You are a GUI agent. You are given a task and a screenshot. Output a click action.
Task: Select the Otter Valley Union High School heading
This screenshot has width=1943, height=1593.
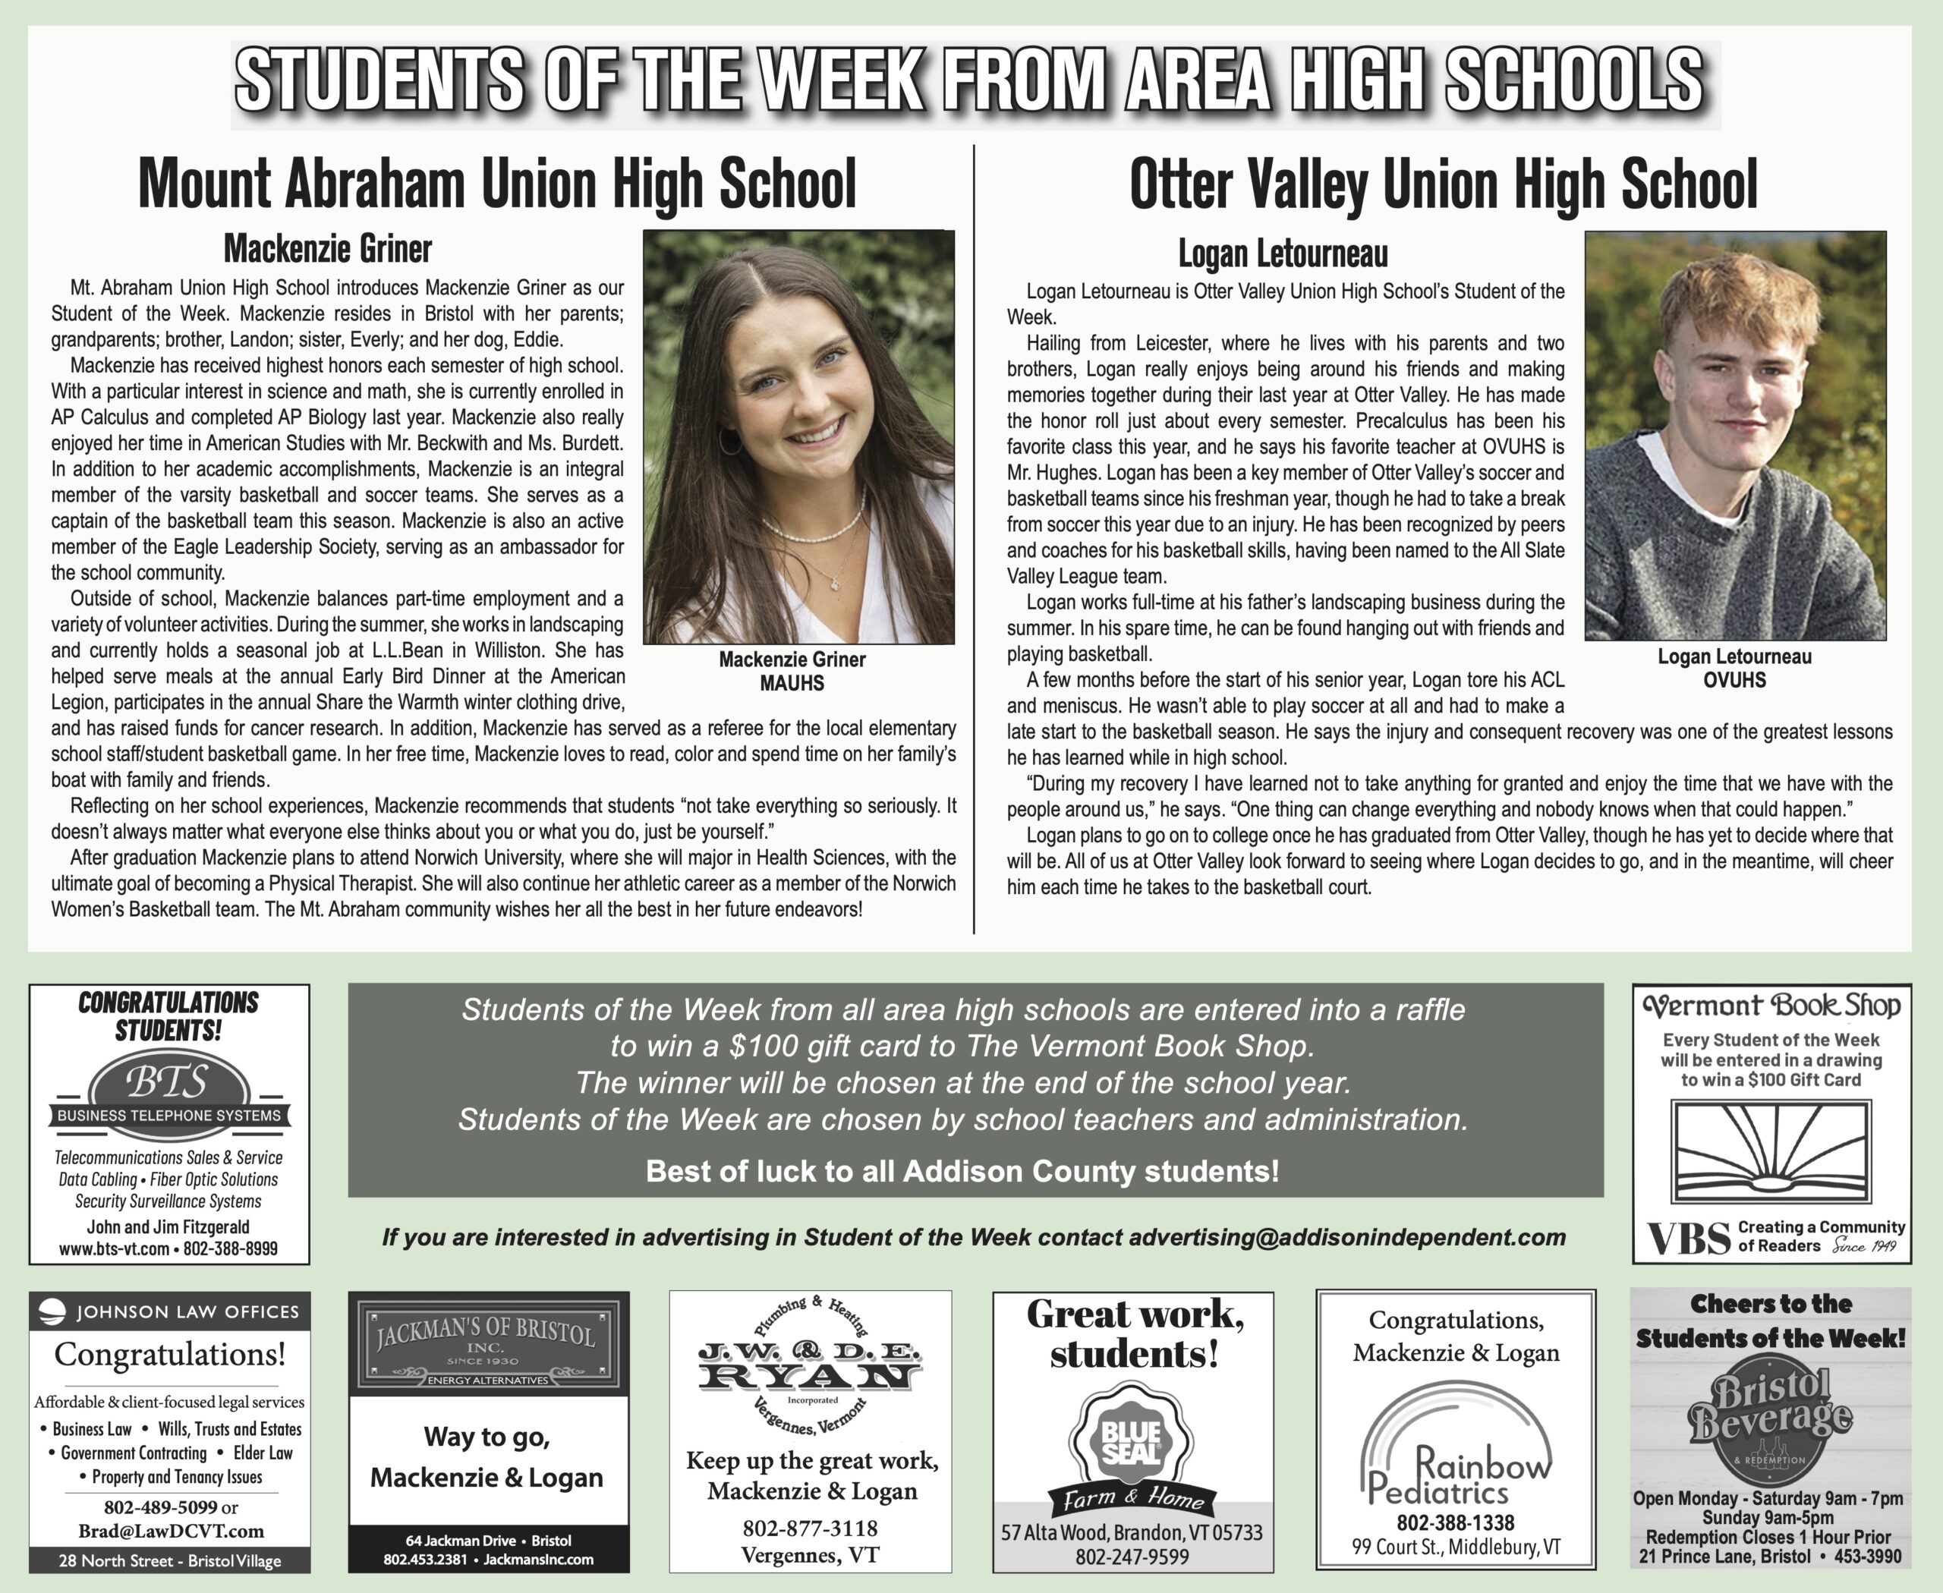tap(1443, 184)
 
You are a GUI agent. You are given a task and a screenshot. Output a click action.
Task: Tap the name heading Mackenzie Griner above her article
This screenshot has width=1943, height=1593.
tap(328, 249)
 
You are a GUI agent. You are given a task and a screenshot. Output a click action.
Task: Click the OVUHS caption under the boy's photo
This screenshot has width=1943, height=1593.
tap(1734, 681)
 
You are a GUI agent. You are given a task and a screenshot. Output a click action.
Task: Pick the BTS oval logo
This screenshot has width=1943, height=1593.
tap(170, 1084)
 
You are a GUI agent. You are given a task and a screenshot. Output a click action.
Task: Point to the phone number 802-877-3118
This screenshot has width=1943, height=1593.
tap(810, 1528)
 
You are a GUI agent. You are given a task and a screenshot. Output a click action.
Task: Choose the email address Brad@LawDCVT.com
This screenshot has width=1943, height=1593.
tap(171, 1532)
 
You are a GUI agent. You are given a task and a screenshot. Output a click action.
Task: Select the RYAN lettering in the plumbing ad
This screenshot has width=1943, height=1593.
tap(810, 1374)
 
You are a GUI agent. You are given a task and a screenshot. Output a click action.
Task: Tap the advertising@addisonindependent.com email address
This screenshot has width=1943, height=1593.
tap(1346, 1237)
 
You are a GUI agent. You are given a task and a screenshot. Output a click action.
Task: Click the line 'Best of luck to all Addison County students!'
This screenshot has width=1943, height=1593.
tap(962, 1171)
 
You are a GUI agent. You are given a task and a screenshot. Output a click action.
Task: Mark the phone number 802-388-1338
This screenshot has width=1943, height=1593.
tap(1456, 1522)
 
